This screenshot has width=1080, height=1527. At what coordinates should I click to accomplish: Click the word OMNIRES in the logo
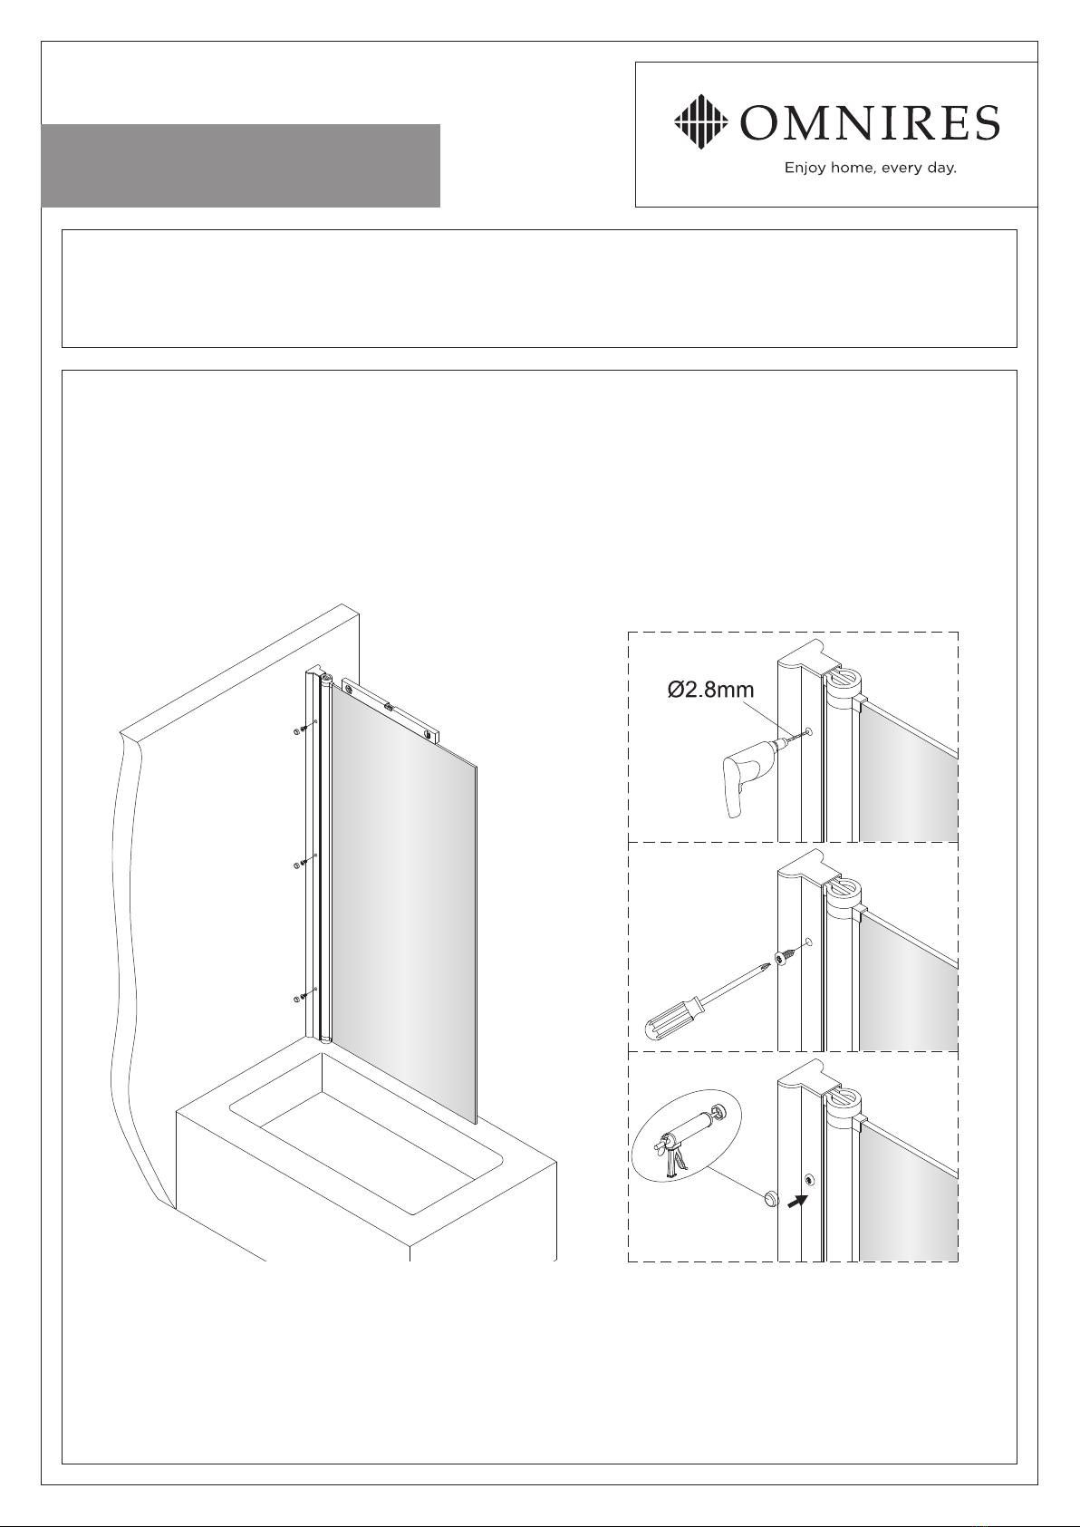tap(870, 122)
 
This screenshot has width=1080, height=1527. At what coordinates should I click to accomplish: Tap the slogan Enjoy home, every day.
tap(870, 168)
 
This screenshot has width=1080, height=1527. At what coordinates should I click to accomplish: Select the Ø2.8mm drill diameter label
tap(710, 690)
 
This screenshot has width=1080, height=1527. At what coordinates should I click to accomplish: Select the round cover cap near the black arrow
tap(771, 1198)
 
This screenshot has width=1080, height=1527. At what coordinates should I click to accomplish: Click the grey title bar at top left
tap(240, 166)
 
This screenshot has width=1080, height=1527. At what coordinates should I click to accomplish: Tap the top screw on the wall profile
tap(302, 730)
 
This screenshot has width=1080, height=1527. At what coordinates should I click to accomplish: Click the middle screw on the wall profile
tap(302, 864)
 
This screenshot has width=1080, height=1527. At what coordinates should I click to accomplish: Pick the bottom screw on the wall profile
tap(302, 998)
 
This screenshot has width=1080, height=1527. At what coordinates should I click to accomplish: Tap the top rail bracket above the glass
tap(391, 709)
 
